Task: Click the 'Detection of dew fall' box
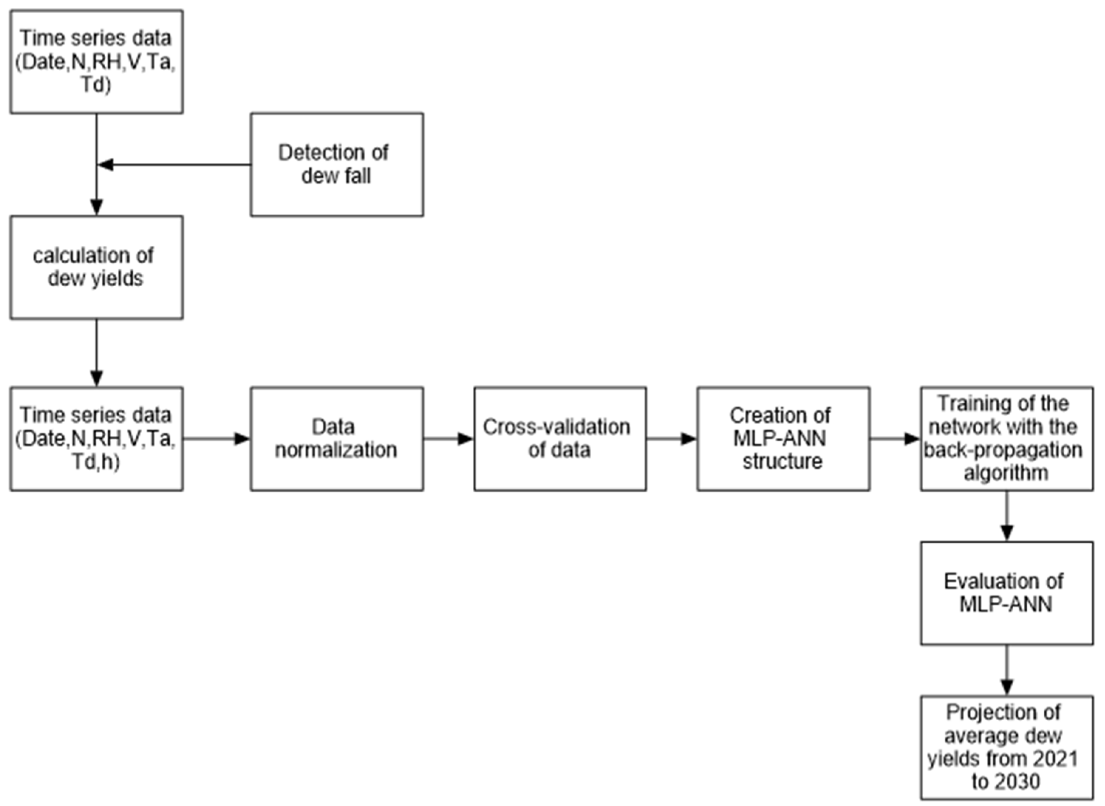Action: point(337,164)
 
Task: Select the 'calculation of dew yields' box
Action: point(96,267)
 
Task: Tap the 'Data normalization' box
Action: point(337,438)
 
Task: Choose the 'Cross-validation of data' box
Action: point(560,438)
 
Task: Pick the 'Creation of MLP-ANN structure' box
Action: point(783,438)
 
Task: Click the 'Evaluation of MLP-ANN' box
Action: point(1006,593)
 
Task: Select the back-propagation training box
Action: point(1006,438)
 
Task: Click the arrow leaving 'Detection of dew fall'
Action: point(176,164)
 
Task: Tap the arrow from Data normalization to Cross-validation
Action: point(448,438)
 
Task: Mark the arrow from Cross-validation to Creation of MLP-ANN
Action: point(671,438)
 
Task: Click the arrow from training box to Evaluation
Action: point(1006,516)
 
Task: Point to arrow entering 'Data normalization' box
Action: point(217,438)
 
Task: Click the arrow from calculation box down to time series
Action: point(96,353)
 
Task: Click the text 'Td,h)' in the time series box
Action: point(96,461)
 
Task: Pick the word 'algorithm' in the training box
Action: point(1006,473)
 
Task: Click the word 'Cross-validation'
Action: point(557,427)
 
